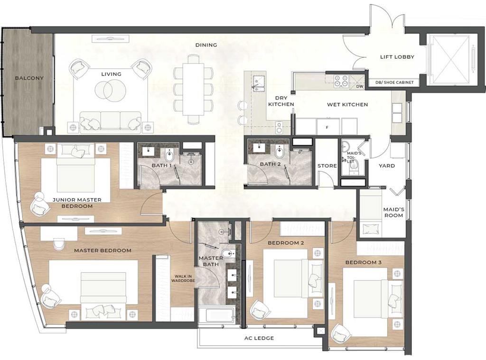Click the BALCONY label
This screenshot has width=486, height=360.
click(29, 78)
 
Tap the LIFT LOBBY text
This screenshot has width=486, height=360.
click(397, 57)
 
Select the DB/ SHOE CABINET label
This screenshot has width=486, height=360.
click(394, 83)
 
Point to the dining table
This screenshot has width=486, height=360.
click(193, 89)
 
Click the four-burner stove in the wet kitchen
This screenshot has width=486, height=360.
click(341, 81)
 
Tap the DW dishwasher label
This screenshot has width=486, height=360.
click(360, 86)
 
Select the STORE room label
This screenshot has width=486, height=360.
click(327, 166)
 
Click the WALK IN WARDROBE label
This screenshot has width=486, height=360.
click(183, 278)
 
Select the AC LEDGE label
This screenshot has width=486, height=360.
click(259, 338)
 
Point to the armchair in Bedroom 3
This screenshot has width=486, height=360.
click(341, 334)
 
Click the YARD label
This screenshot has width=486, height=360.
click(387, 166)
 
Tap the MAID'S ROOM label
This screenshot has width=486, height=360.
click(393, 212)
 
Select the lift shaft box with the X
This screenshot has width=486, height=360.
click(449, 60)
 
